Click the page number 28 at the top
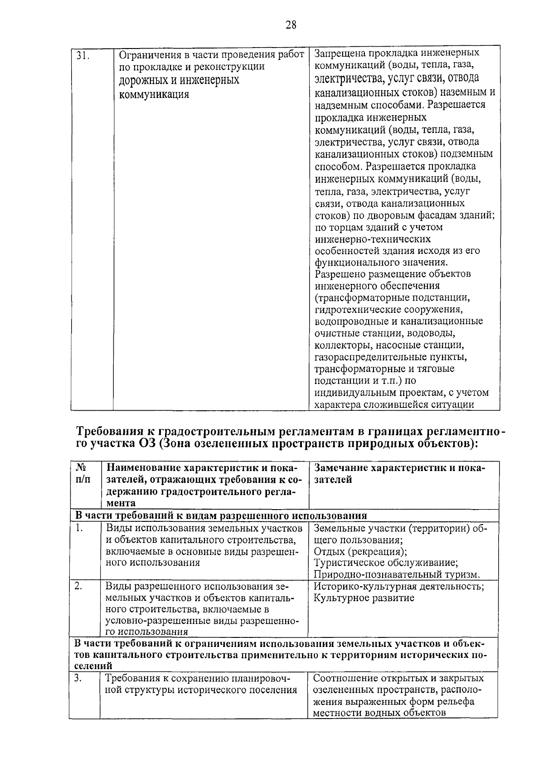(291, 25)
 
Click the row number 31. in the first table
(82, 56)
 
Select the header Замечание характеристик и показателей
(399, 473)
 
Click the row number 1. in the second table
(79, 528)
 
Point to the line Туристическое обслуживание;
(385, 563)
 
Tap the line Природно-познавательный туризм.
(396, 575)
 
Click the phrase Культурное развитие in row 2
(364, 598)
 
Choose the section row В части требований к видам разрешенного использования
(220, 516)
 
